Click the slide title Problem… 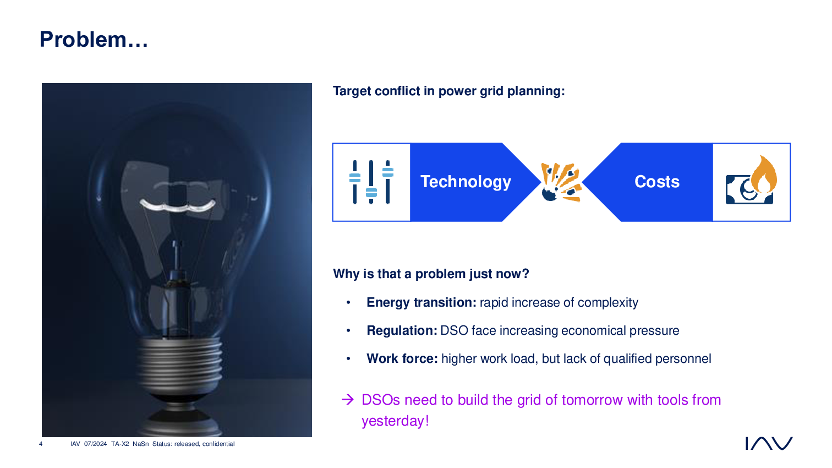click(x=94, y=40)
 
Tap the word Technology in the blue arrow click(x=466, y=182)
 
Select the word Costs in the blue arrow click(x=656, y=182)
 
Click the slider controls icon click(x=371, y=182)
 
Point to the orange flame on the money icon click(x=764, y=175)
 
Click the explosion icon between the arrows click(x=561, y=182)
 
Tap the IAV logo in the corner click(x=769, y=443)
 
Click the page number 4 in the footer click(x=41, y=444)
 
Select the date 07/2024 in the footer click(x=95, y=444)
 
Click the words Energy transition click(x=421, y=303)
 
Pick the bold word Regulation click(x=402, y=330)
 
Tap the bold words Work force click(x=402, y=359)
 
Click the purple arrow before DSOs click(x=348, y=400)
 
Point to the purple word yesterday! click(x=395, y=421)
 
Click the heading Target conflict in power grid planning click(x=448, y=91)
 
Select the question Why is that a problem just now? click(x=431, y=274)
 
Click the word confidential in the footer click(x=218, y=444)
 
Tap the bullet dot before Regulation click(x=348, y=330)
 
